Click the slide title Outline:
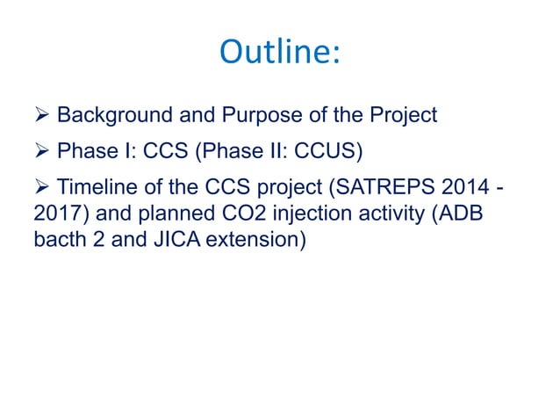(x=279, y=54)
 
